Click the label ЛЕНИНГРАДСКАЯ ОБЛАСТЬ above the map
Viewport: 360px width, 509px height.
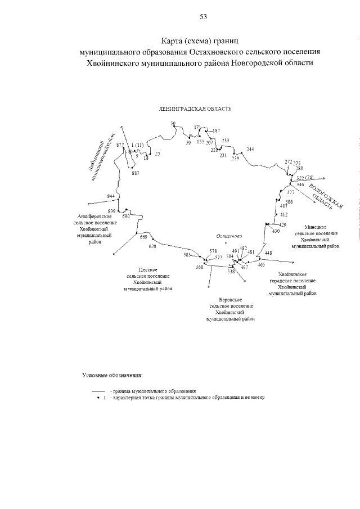point(188,109)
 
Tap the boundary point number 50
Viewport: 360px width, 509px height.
point(173,123)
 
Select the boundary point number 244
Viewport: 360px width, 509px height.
point(250,149)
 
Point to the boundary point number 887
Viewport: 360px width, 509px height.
point(136,173)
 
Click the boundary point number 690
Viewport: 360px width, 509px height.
point(126,216)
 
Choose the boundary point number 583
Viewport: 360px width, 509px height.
point(187,255)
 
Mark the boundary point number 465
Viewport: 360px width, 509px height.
point(261,264)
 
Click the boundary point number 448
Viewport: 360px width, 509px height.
point(268,253)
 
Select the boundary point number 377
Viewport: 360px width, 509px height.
point(290,192)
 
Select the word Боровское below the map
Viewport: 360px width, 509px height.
point(231,301)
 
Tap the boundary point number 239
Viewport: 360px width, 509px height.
point(235,159)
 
